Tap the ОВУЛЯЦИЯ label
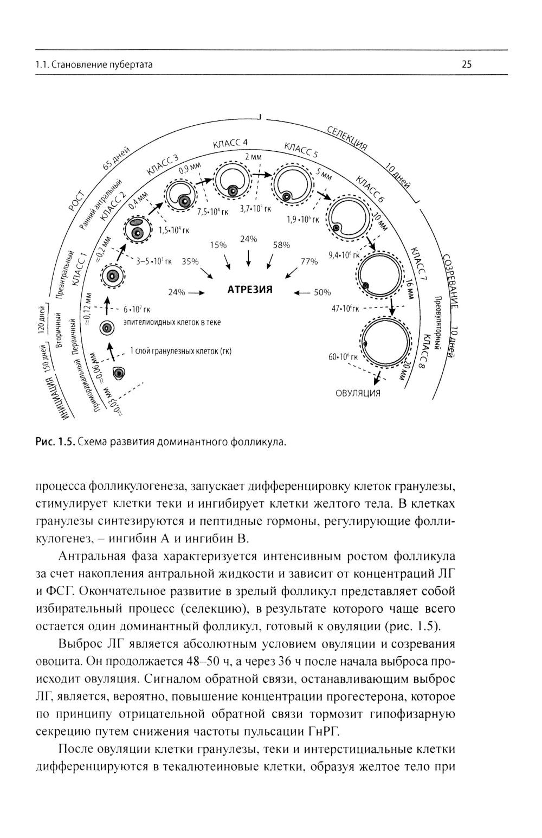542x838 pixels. (358, 393)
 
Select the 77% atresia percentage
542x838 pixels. (308, 261)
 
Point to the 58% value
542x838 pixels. (281, 245)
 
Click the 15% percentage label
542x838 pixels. (218, 245)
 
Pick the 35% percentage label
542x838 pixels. (190, 261)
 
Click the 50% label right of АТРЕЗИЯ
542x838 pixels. (322, 292)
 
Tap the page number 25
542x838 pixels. (467, 65)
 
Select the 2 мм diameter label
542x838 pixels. (253, 157)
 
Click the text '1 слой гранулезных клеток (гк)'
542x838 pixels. (180, 351)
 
